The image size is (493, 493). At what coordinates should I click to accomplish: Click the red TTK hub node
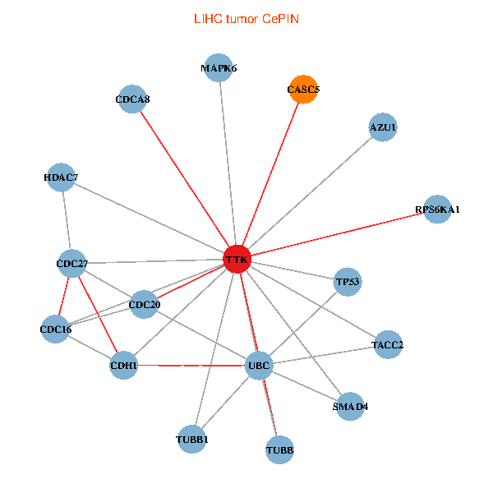(x=237, y=259)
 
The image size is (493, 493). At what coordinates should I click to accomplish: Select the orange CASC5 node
(x=303, y=90)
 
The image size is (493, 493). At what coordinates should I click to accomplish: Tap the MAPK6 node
(x=219, y=68)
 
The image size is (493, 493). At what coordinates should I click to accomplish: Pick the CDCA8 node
(x=132, y=99)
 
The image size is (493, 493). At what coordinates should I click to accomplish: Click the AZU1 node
(x=383, y=127)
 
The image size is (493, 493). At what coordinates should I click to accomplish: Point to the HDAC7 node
(x=61, y=177)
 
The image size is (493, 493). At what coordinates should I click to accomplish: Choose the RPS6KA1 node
(x=437, y=210)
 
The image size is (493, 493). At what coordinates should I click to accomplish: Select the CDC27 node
(x=72, y=264)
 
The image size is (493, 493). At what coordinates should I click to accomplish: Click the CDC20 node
(x=144, y=304)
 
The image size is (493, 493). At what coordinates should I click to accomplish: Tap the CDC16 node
(x=55, y=329)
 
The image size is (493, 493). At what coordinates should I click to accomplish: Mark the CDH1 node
(x=123, y=366)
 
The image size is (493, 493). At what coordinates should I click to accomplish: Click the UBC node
(x=259, y=366)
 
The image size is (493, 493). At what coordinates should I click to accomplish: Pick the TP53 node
(x=348, y=282)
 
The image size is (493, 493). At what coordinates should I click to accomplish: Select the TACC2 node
(x=388, y=345)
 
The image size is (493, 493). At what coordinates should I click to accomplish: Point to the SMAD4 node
(x=350, y=407)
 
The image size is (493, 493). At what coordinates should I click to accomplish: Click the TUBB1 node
(x=191, y=440)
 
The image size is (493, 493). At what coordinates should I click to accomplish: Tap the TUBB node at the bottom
(x=279, y=450)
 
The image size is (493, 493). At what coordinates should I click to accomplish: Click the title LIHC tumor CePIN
(x=246, y=19)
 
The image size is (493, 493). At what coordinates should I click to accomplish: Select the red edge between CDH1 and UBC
(x=191, y=366)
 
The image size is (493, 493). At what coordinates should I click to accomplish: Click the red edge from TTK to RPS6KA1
(x=337, y=234)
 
